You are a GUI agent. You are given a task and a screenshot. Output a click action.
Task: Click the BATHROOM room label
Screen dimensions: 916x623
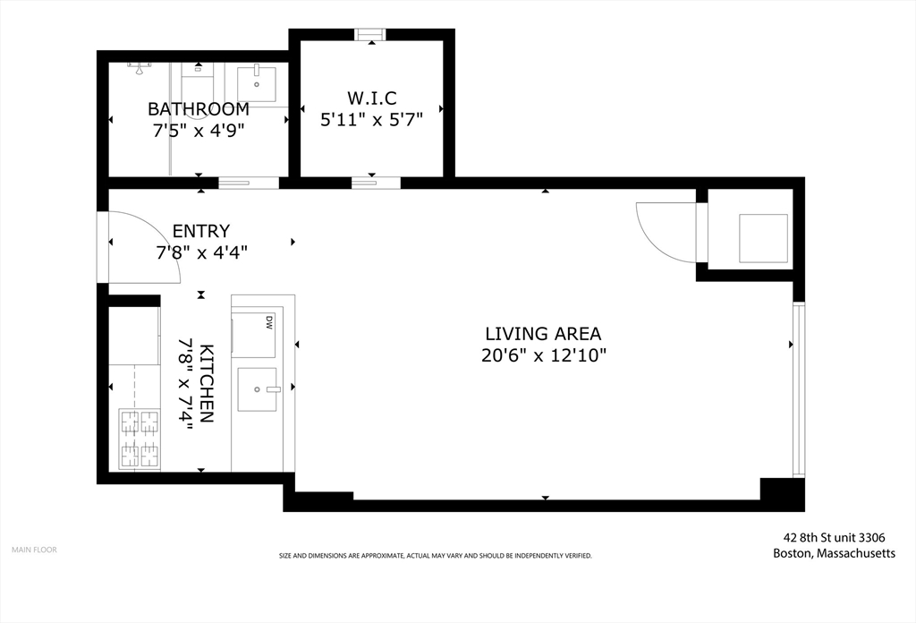(198, 109)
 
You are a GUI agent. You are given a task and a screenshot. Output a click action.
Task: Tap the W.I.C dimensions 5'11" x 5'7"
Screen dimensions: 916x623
(371, 119)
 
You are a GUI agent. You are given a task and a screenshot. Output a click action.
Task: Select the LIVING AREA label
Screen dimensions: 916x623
(543, 334)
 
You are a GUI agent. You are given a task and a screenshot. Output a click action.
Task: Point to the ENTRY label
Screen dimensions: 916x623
(201, 231)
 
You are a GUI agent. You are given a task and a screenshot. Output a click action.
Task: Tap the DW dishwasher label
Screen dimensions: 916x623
(269, 322)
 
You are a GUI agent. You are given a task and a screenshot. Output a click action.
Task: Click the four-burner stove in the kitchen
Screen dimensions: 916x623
(140, 439)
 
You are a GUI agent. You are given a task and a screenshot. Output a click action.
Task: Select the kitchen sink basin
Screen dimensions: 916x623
(257, 389)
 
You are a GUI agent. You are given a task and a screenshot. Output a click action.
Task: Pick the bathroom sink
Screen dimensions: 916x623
(257, 84)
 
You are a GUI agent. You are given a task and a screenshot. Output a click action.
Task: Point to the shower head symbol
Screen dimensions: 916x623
(139, 69)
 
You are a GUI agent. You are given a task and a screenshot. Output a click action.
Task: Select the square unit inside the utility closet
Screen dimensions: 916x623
(764, 238)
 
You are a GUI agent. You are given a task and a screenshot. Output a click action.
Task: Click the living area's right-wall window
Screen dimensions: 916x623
(798, 389)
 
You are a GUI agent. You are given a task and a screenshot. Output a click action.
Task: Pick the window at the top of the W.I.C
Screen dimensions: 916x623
(371, 35)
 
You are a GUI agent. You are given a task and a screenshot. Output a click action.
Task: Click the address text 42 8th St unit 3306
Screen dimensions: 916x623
(835, 538)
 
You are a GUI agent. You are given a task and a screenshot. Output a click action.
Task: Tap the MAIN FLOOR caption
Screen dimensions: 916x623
(35, 550)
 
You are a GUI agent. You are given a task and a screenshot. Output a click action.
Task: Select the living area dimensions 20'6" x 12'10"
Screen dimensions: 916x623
(544, 355)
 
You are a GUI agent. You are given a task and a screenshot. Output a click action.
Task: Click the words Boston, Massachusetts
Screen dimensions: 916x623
(835, 553)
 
